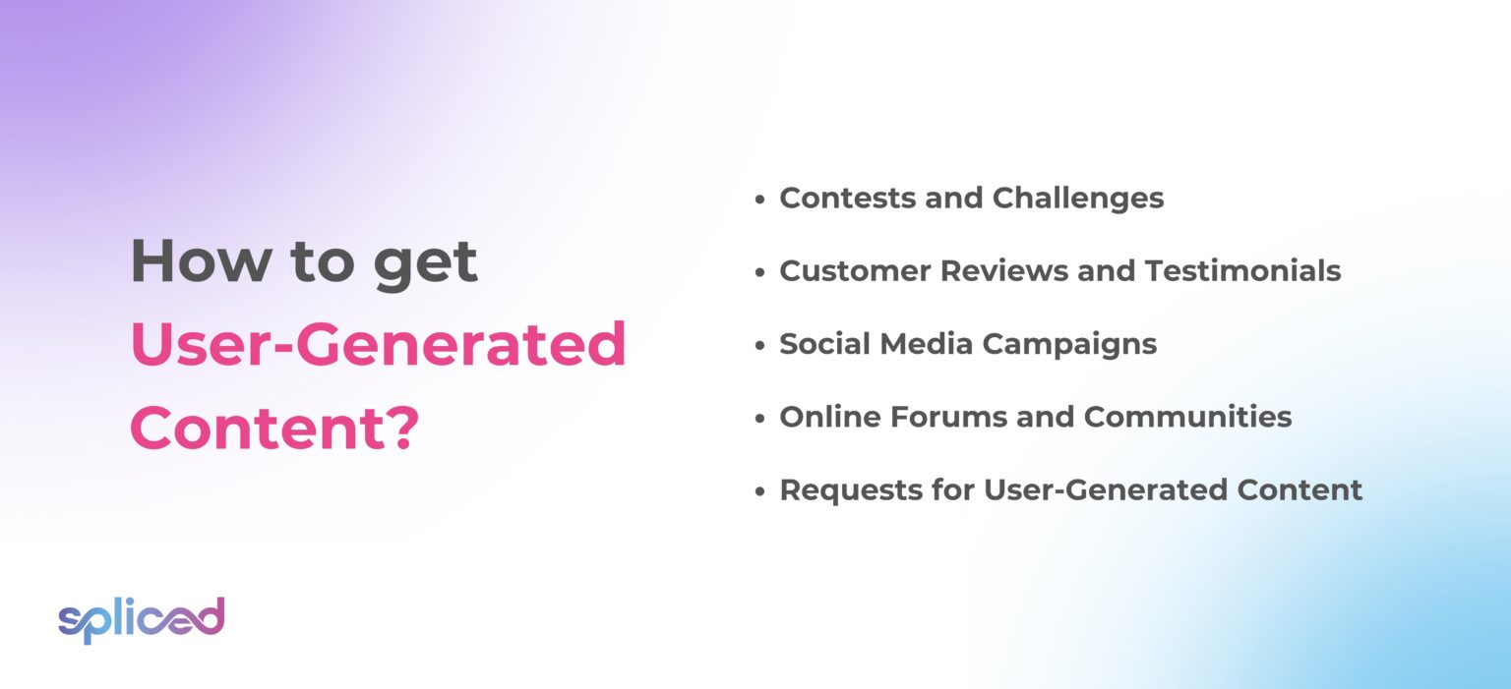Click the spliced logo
coord(141,619)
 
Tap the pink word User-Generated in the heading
coord(378,345)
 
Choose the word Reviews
coord(996,271)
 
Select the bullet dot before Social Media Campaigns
coord(759,345)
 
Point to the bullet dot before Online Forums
coord(759,418)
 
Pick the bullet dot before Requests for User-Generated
coord(759,490)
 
